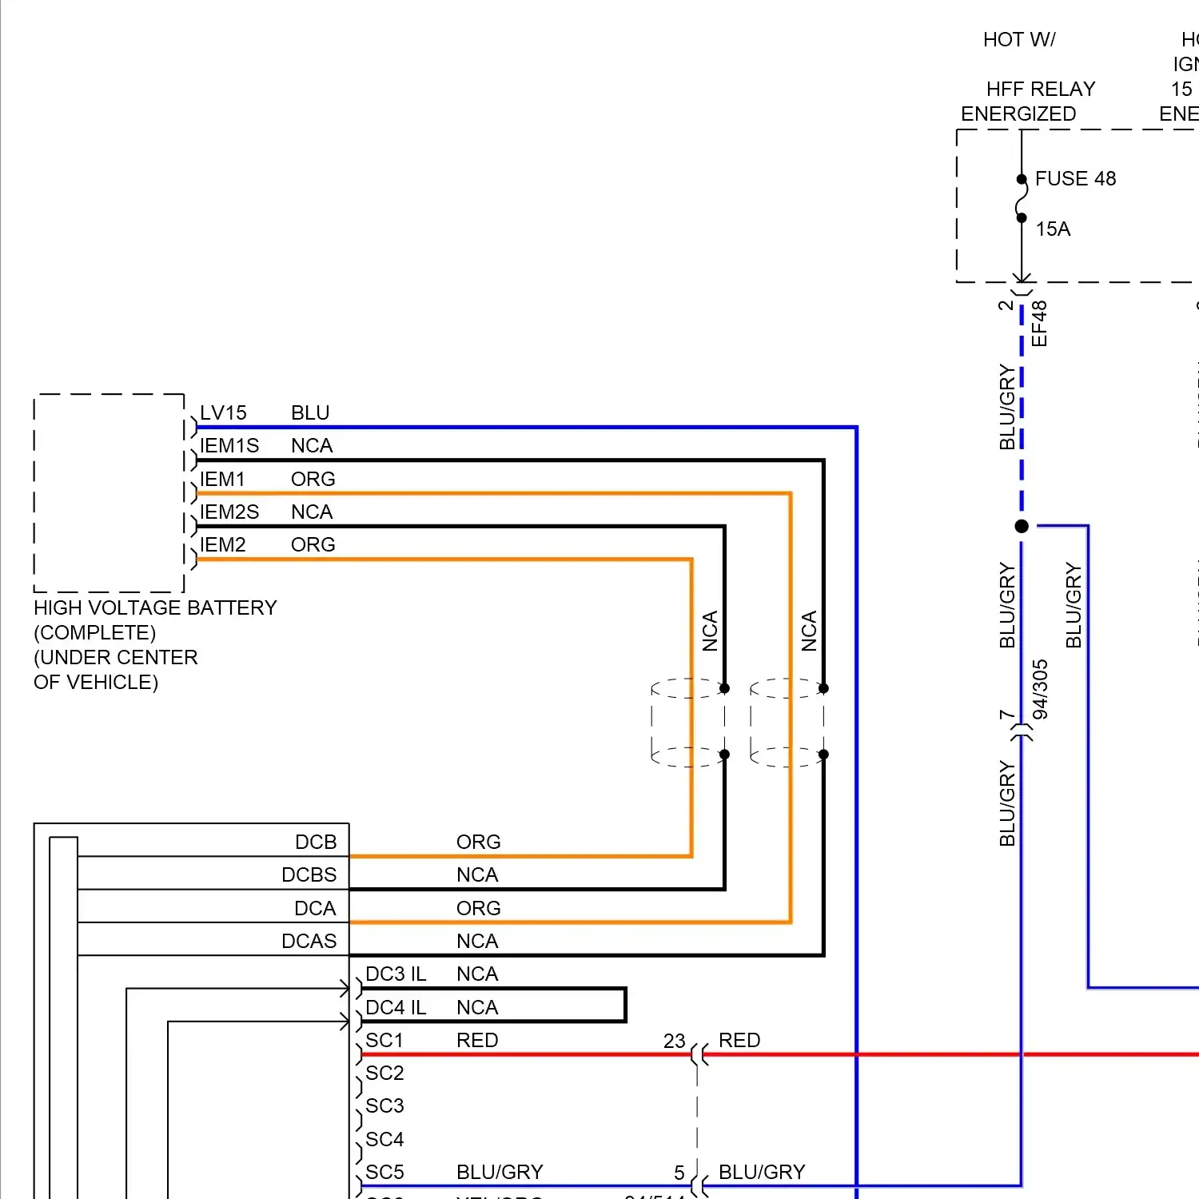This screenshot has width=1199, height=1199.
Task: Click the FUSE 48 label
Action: [x=1075, y=178]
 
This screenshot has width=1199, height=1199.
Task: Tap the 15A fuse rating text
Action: [x=1053, y=229]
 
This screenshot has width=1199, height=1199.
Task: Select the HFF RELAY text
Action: [x=1040, y=89]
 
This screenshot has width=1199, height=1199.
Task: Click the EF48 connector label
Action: [x=1039, y=323]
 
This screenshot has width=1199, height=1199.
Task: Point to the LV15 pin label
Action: [x=223, y=413]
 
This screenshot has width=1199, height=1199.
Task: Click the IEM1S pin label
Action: [x=229, y=446]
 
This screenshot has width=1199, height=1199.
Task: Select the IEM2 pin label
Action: [x=223, y=545]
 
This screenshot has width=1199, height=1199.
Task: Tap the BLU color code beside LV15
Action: [x=310, y=413]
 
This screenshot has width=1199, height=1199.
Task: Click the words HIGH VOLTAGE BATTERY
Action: [x=155, y=608]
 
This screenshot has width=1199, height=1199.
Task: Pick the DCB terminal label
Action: [x=316, y=842]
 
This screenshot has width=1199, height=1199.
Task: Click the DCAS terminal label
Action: [x=309, y=942]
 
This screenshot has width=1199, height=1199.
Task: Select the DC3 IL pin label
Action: [x=396, y=974]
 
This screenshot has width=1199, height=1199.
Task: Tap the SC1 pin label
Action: [x=384, y=1041]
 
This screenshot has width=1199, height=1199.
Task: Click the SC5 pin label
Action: [x=384, y=1173]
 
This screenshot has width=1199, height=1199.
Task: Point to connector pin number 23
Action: [x=674, y=1042]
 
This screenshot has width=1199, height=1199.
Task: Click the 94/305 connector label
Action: [x=1040, y=689]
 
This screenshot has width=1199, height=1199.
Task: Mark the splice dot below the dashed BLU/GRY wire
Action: [x=1022, y=526]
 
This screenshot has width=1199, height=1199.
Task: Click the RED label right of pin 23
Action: [x=739, y=1041]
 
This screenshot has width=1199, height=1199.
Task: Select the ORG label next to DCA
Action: [x=478, y=909]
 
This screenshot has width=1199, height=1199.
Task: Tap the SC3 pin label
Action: [x=384, y=1106]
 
